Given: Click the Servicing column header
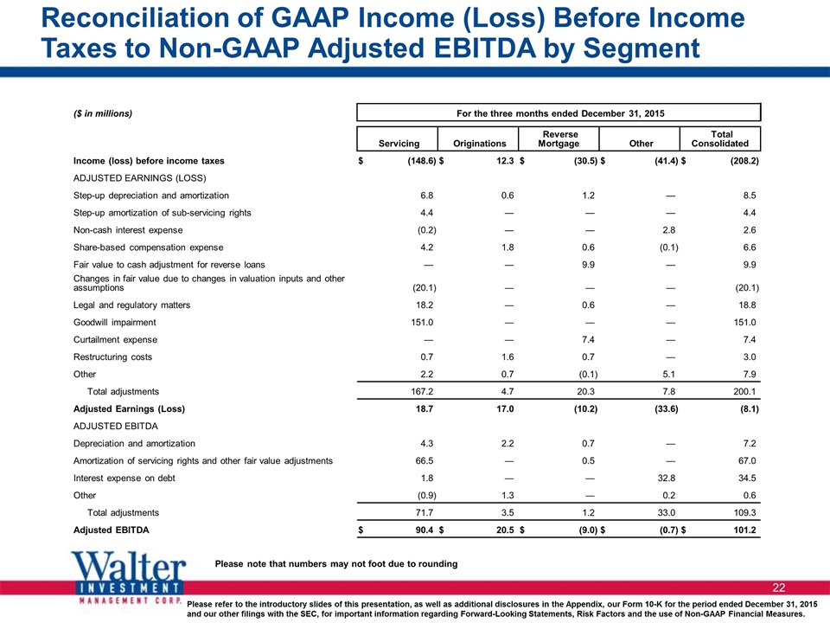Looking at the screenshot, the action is pos(399,143).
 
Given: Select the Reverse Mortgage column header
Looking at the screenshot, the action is pos(559,138).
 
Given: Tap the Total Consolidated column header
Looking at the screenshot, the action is pos(720,138).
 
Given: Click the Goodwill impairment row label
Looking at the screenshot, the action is pos(115,322).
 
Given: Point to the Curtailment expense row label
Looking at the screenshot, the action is pos(115,339).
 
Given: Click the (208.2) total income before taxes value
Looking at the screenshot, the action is pos(744,161).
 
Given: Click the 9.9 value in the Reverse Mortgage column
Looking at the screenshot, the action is pos(588,265).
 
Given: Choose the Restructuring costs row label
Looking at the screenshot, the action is pos(112,357).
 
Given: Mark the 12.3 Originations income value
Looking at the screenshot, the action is pos(505,161).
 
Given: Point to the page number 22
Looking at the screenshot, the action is pos(779,588).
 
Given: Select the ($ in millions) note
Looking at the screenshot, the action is pos(103,113).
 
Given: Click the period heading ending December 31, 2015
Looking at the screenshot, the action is pos(560,113).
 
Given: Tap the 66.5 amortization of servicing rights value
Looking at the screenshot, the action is pos(425,461).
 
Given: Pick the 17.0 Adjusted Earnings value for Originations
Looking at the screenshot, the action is pos(505,409).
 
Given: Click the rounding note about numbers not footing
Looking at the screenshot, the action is pos(336,563).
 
